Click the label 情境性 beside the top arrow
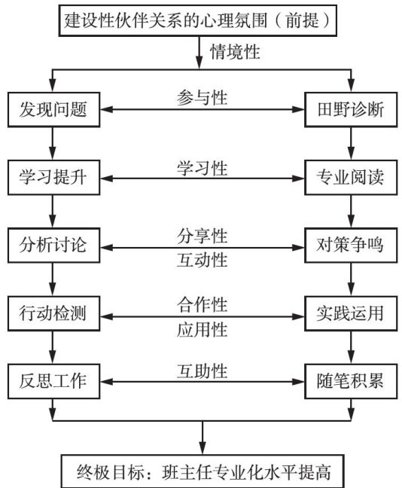(x=235, y=52)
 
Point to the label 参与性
(x=203, y=98)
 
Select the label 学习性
(x=203, y=169)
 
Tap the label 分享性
(x=203, y=236)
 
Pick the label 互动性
(x=203, y=260)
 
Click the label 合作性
(x=203, y=305)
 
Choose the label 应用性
(x=203, y=330)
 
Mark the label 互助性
(x=203, y=371)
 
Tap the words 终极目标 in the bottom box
(x=111, y=472)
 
